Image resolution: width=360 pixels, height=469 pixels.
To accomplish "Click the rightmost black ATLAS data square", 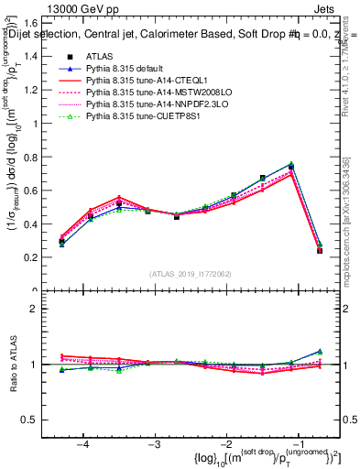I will tap(319, 250).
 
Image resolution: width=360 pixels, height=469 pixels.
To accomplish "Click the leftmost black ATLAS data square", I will tap(61, 242).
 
